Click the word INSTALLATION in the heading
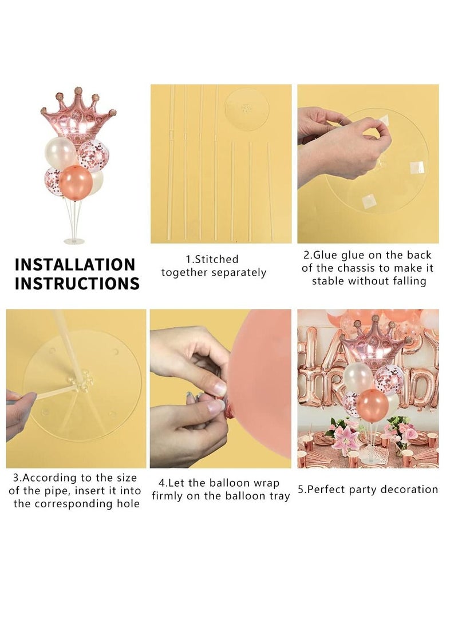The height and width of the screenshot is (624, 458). tap(75, 265)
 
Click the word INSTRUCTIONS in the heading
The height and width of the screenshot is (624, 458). tap(77, 284)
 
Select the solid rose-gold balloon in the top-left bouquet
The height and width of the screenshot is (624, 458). tap(76, 181)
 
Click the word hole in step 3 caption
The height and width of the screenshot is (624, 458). tap(127, 504)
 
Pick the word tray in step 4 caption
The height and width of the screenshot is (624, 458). tap(278, 496)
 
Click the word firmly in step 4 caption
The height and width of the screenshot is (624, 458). tap(171, 496)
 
